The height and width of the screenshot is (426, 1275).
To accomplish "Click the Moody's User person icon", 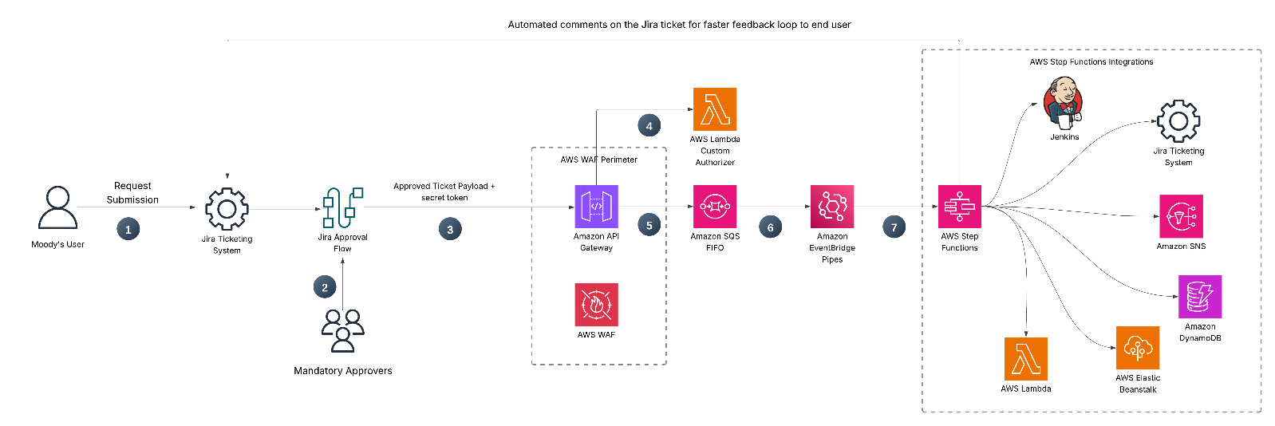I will click(58, 208).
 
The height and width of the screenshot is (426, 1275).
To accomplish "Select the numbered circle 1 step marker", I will click(128, 230).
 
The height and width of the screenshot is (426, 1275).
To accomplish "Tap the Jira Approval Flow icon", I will click(342, 207).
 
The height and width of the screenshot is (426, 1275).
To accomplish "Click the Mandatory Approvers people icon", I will click(343, 330).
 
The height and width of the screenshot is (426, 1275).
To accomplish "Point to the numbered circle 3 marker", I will click(450, 230).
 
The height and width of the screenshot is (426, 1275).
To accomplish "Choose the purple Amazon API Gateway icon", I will click(596, 207).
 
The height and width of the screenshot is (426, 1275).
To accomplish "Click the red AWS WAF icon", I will click(596, 305).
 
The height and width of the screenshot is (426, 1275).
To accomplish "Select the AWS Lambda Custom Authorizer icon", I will click(715, 109).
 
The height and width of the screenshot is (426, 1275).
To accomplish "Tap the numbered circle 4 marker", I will click(649, 126).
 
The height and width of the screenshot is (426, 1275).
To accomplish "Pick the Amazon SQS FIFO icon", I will click(715, 207).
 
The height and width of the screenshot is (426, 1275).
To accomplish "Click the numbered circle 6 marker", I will click(770, 228).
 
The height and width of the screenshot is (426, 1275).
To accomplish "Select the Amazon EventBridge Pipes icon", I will click(832, 207).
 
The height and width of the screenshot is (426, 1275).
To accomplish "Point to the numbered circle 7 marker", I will click(894, 228).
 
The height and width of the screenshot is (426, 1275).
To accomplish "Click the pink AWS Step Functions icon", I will click(960, 207).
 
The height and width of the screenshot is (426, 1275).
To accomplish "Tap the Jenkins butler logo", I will click(1064, 103).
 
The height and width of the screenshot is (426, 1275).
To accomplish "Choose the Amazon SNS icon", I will click(1181, 216).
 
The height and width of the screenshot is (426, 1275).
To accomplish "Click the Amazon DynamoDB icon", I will click(1200, 297).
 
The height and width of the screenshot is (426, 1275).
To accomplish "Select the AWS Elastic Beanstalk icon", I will click(1138, 348).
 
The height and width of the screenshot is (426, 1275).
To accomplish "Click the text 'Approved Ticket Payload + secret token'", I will click(444, 191).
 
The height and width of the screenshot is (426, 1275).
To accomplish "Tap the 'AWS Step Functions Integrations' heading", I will click(1091, 62).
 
